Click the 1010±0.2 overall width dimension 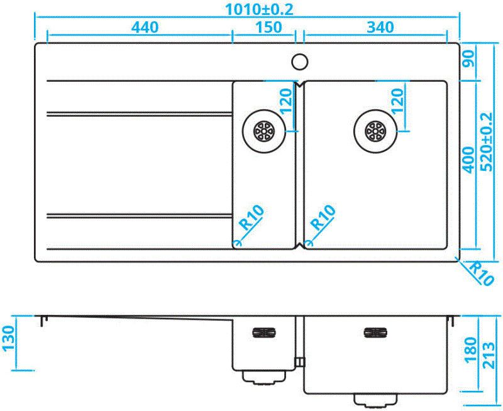tap(259, 9)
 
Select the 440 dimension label tap(145, 27)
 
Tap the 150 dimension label tap(268, 27)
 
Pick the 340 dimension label tap(380, 27)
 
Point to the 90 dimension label tap(468, 59)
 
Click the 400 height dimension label tap(468, 160)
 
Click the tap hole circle tap(300, 62)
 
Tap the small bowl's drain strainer tap(263, 131)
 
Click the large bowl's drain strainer tap(375, 131)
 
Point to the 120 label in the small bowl tap(286, 101)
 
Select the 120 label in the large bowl tap(397, 101)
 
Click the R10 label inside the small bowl tap(252, 217)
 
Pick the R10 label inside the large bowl tap(324, 217)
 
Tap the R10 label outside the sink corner tap(481, 273)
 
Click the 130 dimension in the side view tap(9, 339)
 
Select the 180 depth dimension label tap(470, 349)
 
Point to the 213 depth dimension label tap(489, 356)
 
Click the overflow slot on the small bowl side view tap(263, 333)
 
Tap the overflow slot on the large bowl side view tap(375, 333)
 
